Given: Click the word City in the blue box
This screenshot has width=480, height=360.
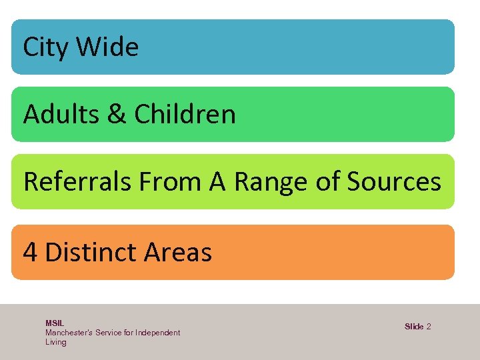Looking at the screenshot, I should point(45,47).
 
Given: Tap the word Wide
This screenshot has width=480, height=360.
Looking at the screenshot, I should point(107,47).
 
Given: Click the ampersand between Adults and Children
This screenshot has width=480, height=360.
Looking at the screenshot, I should point(117,115).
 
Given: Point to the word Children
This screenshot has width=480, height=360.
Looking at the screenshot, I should point(185,115).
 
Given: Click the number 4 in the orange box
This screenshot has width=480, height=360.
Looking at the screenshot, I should point(30,253).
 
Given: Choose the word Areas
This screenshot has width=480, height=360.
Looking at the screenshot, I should point(177,253).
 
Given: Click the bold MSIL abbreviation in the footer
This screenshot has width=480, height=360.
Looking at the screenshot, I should point(55,323).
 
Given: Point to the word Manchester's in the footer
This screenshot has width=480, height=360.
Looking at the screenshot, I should point(69,332).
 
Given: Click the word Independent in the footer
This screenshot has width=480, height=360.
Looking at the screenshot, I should point(157,332).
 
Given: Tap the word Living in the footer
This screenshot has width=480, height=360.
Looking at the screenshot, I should point(56,342).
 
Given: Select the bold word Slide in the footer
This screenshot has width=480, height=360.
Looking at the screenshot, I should point(414,327).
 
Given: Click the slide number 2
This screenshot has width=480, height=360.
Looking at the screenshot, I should point(429,327).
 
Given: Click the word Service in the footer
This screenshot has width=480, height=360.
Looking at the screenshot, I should point(109,332).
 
